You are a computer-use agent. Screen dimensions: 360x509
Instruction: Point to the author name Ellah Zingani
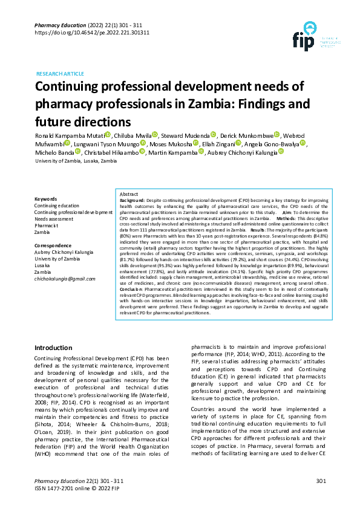217,144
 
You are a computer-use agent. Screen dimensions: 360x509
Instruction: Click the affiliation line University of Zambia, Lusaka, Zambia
76,162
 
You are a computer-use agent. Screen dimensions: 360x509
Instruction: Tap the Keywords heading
46,199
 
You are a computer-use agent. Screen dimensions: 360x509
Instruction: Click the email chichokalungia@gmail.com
65,279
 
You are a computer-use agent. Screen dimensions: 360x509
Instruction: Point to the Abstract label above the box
129,193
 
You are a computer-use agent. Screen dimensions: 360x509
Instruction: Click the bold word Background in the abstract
132,199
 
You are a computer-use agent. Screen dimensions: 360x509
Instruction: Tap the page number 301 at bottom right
321,481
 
